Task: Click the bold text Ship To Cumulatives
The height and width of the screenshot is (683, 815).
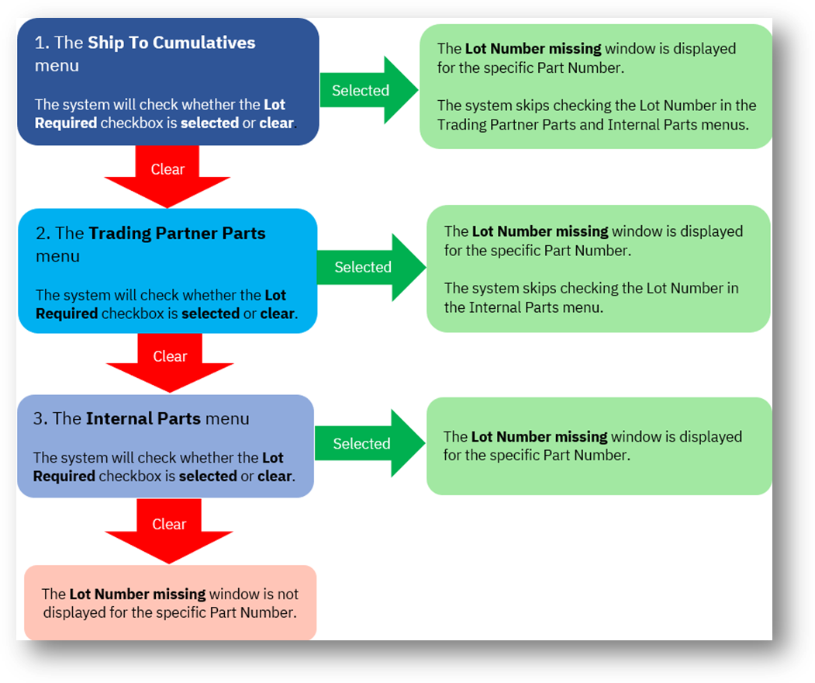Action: [171, 43]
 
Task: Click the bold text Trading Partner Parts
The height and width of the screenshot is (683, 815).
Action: [177, 234]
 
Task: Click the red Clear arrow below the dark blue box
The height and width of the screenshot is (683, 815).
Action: [167, 175]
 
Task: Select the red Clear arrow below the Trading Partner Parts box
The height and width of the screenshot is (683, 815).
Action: [170, 361]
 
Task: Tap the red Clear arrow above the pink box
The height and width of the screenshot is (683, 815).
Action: [169, 529]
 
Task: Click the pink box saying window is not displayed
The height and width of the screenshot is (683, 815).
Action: [170, 603]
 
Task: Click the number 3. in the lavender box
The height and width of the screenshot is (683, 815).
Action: [41, 419]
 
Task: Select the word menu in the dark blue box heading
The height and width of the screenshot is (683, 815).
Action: [57, 66]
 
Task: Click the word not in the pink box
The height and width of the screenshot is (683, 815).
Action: [288, 595]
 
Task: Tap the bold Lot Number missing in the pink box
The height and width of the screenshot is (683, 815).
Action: [137, 595]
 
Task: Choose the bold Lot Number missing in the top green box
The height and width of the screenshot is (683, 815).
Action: [533, 49]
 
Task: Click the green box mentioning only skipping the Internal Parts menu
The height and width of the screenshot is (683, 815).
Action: [598, 269]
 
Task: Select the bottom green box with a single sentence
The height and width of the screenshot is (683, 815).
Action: [599, 446]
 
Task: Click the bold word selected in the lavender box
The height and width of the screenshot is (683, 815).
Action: [207, 477]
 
